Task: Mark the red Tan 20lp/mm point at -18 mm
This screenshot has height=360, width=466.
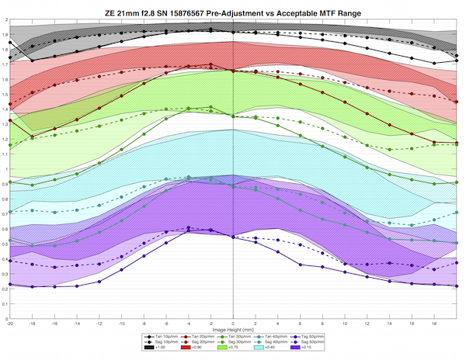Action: coord(32,137)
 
